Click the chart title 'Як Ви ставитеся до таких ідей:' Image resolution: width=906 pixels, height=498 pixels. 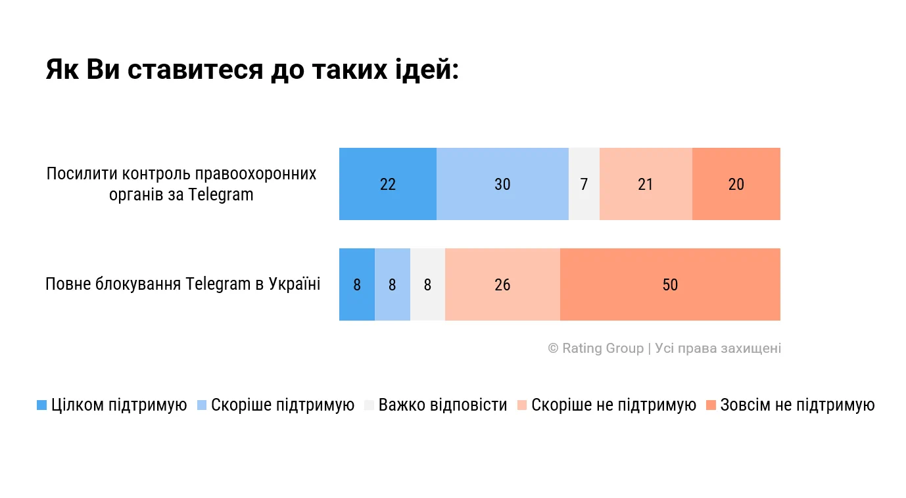click(252, 70)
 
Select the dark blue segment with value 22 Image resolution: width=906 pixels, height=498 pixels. click(388, 184)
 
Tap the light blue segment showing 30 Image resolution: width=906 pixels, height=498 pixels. click(502, 184)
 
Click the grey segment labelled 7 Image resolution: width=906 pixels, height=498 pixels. click(584, 184)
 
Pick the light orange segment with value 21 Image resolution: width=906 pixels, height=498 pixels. click(646, 184)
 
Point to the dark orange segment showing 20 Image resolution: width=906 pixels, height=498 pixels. click(736, 184)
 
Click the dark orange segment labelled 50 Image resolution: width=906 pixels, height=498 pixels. click(670, 284)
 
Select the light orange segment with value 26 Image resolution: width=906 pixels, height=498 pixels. click(502, 284)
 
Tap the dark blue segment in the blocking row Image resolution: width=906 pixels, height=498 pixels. click(357, 284)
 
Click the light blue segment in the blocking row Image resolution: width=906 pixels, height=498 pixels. click(393, 284)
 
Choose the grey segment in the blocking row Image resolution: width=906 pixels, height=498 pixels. click(427, 284)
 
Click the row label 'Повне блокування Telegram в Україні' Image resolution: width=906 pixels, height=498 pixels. click(183, 284)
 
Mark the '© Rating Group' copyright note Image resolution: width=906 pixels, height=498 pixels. click(664, 348)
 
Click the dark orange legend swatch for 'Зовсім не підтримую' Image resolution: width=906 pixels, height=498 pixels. click(711, 405)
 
